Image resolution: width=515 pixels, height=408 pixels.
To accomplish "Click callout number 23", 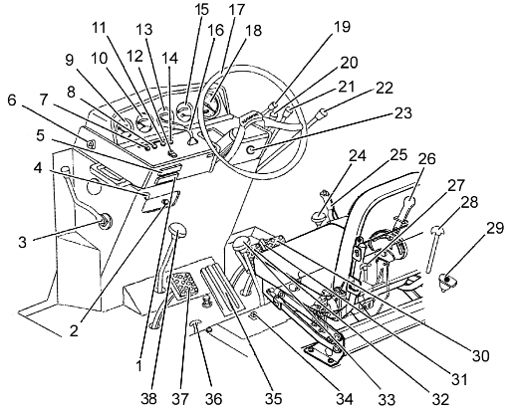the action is [x=402, y=112].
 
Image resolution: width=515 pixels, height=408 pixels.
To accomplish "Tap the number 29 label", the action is [x=495, y=228].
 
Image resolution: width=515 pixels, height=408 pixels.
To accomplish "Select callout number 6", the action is [x=12, y=100].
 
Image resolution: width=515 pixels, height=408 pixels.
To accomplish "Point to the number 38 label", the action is [x=148, y=399].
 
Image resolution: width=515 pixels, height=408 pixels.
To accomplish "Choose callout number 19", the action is [x=341, y=27].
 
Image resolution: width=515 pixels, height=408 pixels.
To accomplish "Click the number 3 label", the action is [x=22, y=242].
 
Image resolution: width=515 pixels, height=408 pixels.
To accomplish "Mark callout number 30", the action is [x=480, y=356].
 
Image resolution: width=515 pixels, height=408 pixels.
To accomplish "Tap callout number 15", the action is [x=201, y=9].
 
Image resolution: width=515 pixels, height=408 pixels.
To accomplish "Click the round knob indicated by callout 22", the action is [x=322, y=113].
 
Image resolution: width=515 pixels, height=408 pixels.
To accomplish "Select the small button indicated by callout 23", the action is [x=251, y=150].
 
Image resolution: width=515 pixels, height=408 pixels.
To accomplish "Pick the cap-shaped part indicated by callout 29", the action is [x=447, y=281].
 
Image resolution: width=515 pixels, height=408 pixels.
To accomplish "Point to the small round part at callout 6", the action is [x=91, y=143].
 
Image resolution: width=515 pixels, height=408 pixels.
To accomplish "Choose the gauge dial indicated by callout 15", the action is [x=184, y=111].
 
